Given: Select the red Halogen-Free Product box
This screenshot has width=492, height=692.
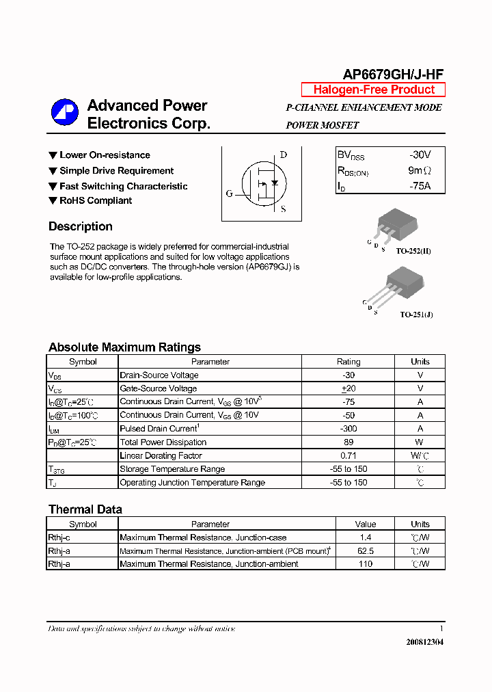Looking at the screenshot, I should point(373,90).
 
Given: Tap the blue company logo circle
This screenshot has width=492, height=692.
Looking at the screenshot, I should point(65,112).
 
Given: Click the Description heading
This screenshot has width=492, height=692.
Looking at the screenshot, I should point(81,226).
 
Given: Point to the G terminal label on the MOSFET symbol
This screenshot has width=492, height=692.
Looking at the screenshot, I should point(230,194).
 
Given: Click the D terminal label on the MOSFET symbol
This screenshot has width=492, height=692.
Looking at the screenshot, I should point(284,155).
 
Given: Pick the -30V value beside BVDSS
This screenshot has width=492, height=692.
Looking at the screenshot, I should point(420,155).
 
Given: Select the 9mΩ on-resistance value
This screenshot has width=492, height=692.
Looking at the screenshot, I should point(420,171).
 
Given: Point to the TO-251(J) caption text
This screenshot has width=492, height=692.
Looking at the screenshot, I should point(416,315).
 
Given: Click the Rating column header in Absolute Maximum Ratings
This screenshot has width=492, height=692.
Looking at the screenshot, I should point(348,362).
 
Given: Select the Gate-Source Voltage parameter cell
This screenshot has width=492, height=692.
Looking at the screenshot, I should point(159,388).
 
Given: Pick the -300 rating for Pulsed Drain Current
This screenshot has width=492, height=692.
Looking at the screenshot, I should point(348,429).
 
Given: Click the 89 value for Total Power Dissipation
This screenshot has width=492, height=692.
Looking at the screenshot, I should point(348,442).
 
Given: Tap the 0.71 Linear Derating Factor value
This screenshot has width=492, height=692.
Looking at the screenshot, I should point(348,455).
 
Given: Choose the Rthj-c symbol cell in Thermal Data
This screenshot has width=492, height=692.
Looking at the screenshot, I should point(59,537).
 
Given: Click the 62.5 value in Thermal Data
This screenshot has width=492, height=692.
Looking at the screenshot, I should point(366,550).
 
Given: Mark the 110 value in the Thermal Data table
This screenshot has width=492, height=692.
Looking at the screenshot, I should point(366,564).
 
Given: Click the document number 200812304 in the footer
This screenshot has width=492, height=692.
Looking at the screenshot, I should point(424,642).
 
